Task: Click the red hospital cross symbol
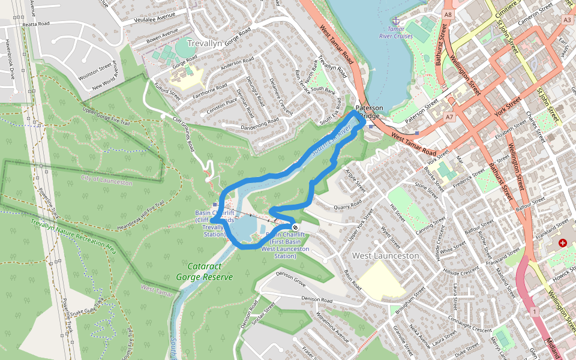pos(562,243)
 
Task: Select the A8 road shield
pos(448,13)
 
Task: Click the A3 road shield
pos(568,20)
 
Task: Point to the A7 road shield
pos(449,117)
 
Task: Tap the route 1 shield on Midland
pos(535,311)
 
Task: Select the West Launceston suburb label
pos(385,256)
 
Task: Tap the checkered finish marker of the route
pos(295,227)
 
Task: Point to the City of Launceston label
pos(107,181)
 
